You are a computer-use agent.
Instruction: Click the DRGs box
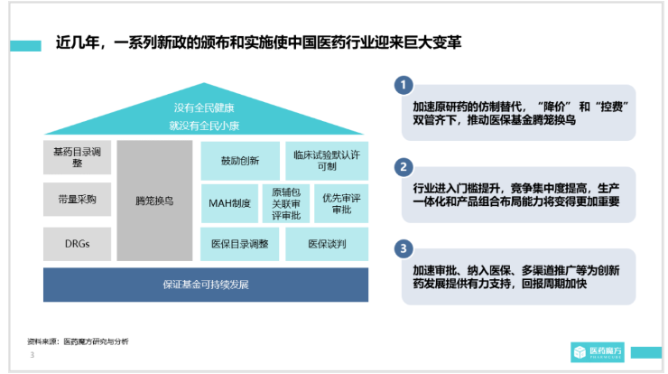click(x=77, y=244)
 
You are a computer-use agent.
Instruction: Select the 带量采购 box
click(x=77, y=199)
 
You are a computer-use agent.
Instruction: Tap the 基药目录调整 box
click(x=77, y=157)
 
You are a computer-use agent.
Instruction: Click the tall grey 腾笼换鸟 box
click(x=154, y=201)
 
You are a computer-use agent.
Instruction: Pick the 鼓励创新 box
click(x=240, y=161)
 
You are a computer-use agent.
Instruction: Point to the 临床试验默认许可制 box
click(x=327, y=161)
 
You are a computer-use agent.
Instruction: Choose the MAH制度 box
click(x=229, y=203)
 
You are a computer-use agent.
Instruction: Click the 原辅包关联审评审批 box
click(x=286, y=203)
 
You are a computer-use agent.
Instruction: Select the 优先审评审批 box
click(x=341, y=203)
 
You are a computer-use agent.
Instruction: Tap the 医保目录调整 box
click(x=240, y=244)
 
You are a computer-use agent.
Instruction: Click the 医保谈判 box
click(x=327, y=244)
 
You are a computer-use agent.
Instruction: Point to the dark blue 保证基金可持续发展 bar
click(x=206, y=285)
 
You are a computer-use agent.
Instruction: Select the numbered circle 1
click(x=404, y=85)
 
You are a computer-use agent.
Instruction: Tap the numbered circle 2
click(x=404, y=167)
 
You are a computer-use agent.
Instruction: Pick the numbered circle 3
click(x=404, y=248)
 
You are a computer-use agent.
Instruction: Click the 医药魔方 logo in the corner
click(x=598, y=352)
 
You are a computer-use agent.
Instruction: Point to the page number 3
click(x=32, y=355)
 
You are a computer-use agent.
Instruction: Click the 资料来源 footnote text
click(x=78, y=341)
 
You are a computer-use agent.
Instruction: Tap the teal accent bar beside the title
click(x=25, y=46)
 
